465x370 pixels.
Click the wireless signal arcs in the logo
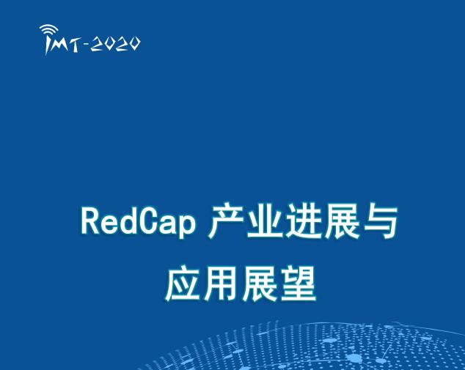(x=49, y=30)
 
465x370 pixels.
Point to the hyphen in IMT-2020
(x=87, y=45)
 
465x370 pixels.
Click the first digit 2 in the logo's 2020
(x=98, y=45)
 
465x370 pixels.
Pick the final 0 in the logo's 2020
(x=133, y=45)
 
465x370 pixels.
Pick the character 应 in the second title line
(x=181, y=285)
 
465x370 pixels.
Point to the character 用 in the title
(x=220, y=285)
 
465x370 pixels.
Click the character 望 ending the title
(x=298, y=285)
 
